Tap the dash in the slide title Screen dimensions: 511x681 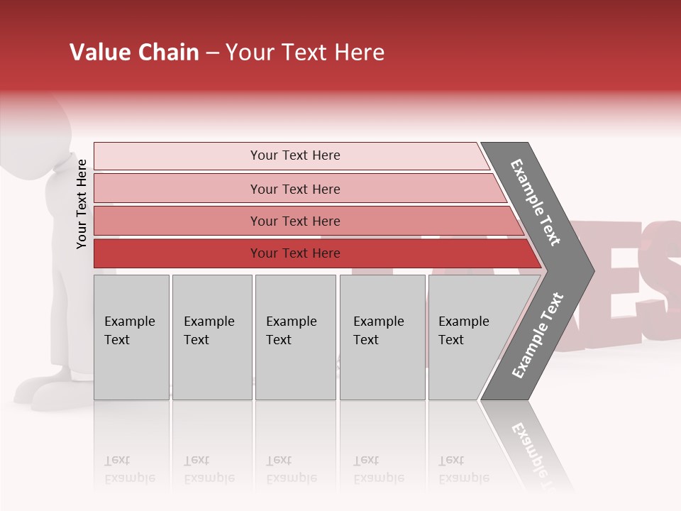click(x=212, y=53)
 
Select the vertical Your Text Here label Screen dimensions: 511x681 click(x=82, y=204)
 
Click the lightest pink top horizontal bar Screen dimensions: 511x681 click(x=294, y=155)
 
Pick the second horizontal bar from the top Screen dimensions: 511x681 click(x=294, y=189)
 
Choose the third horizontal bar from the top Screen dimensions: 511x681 click(x=294, y=221)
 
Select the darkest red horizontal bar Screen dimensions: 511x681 click(x=294, y=253)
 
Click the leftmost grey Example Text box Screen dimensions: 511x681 click(x=131, y=336)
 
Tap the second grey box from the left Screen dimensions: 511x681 click(x=211, y=336)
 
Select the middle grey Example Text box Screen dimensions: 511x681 click(x=295, y=336)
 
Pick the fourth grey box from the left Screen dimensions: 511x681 click(x=382, y=336)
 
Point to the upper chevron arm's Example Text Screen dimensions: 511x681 click(x=536, y=202)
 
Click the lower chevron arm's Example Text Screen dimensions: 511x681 click(x=537, y=336)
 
